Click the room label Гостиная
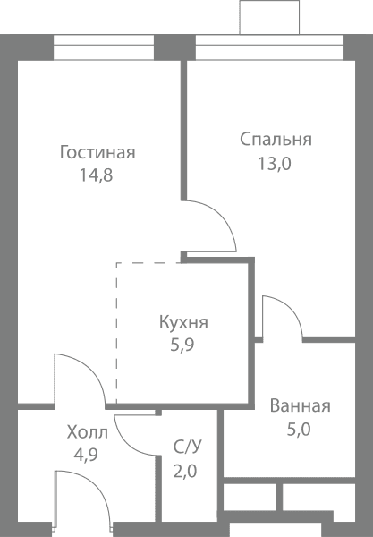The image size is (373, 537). coord(97,153)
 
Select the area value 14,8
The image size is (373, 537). coord(97,175)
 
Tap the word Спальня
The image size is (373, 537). coord(276,140)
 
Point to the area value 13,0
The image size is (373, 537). coord(274,164)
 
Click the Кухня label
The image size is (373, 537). coord(183,323)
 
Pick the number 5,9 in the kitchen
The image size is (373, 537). coord(182,345)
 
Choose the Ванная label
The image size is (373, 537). coord(301,405)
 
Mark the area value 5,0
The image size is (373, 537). coord(299,430)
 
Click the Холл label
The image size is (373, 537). coord(88,432)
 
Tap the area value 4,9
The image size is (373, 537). coord(86,456)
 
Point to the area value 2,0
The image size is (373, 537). coord(185,472)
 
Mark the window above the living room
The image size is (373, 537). coord(104,47)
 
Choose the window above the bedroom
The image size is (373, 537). coord(269,47)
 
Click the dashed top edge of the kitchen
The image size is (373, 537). coord(148,263)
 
